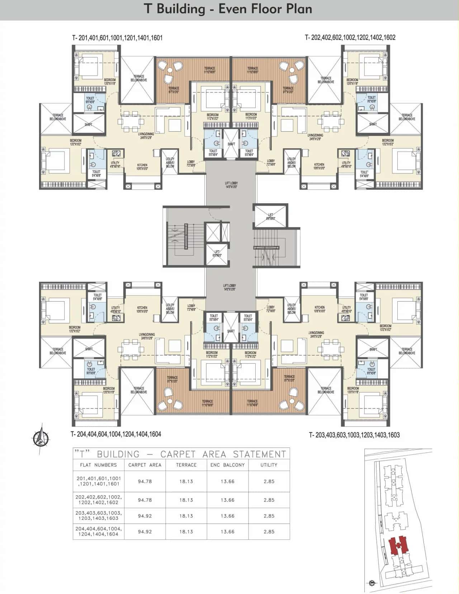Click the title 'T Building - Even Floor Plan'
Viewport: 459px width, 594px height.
click(228, 9)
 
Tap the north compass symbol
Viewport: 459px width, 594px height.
click(41, 438)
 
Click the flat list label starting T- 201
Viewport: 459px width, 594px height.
click(117, 38)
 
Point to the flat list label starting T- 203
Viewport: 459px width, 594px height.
click(354, 435)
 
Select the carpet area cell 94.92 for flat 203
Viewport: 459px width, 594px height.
click(145, 516)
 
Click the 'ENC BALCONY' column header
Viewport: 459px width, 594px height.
click(227, 465)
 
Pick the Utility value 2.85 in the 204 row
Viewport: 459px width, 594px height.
click(269, 532)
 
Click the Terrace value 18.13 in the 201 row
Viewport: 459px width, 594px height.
click(186, 481)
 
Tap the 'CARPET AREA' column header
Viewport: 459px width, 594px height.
click(145, 465)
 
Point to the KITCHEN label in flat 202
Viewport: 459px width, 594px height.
click(319, 166)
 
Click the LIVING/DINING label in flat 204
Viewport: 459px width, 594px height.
click(147, 336)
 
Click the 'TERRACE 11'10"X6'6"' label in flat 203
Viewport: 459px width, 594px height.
click(252, 403)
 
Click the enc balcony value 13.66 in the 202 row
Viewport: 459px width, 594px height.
click(227, 500)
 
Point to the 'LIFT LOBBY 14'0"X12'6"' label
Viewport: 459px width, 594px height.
click(229, 288)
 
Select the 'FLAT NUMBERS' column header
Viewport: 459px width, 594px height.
click(98, 465)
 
